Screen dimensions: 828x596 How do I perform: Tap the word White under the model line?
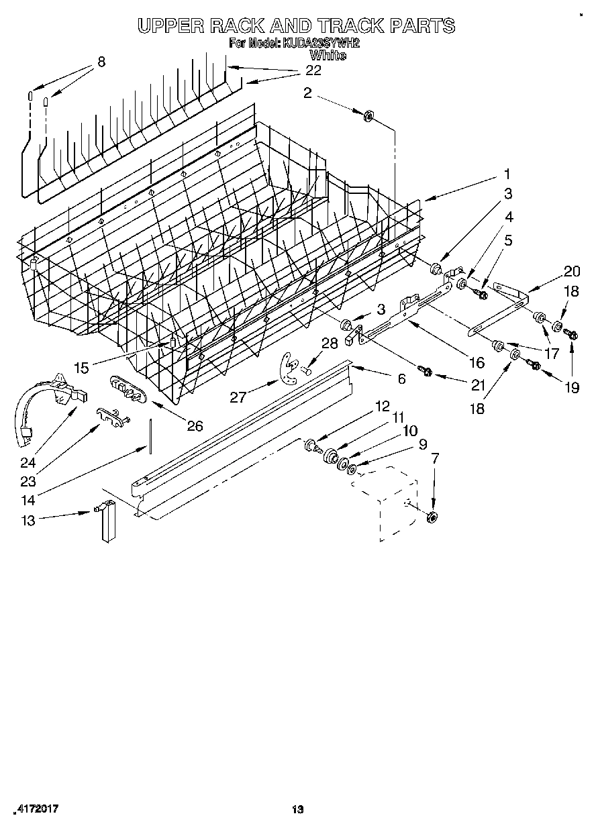328,56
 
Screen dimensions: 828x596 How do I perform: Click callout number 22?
313,70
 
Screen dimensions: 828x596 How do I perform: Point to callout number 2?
307,93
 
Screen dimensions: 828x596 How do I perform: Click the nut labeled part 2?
368,117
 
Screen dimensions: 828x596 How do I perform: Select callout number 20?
572,271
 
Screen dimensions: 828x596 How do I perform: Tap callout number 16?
477,362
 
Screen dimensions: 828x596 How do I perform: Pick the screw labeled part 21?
424,370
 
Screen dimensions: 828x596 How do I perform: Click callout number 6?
401,379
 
